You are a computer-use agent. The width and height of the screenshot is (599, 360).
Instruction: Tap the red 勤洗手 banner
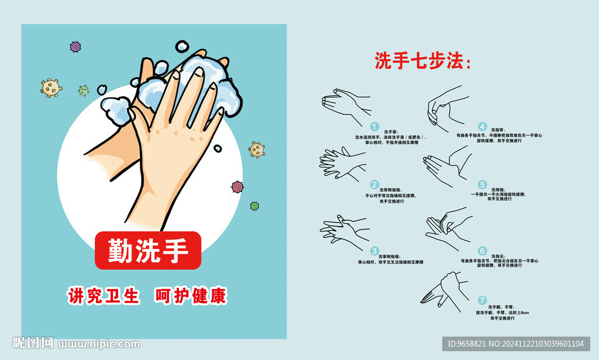pos(148,251)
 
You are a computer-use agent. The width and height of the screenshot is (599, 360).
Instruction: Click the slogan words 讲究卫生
pos(104,296)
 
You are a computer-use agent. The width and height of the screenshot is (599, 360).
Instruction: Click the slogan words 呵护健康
pos(190,296)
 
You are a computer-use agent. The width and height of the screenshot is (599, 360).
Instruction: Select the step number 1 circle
pos(375,126)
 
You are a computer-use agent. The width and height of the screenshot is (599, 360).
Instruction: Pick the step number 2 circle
pos(375,184)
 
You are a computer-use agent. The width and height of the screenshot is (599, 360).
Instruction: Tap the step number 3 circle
pos(375,251)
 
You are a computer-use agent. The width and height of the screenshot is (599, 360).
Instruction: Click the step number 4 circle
pos(482,126)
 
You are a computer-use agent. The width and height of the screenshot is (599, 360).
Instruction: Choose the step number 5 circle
pos(482,184)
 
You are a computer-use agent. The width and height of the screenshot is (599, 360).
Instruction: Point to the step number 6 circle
pos(482,251)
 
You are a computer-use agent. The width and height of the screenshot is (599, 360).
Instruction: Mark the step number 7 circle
pos(482,300)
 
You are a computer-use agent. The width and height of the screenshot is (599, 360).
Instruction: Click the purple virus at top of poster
pos(75,47)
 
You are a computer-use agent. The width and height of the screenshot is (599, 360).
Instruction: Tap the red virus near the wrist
pos(237,187)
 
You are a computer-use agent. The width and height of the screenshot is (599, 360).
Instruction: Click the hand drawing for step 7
pos(445,291)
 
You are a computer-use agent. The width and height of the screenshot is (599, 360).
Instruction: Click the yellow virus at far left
pos(51,88)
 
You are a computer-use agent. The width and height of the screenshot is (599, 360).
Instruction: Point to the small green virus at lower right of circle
pos(254,206)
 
